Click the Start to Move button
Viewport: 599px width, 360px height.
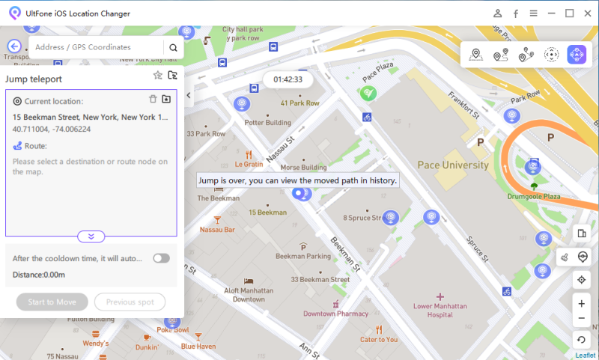tap(52, 302)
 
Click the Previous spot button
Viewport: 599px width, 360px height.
tap(130, 302)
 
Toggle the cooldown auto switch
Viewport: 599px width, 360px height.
tap(161, 258)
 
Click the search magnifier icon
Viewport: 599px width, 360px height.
tap(173, 47)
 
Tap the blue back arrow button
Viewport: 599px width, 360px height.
tap(15, 46)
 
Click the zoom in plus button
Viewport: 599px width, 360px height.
tap(582, 304)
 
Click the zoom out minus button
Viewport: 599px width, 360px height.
tap(582, 320)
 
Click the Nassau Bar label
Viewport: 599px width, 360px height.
tap(217, 230)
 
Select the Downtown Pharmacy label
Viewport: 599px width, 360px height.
tap(335, 314)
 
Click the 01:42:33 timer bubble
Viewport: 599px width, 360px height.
tap(288, 79)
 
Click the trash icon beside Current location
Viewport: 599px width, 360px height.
tap(153, 99)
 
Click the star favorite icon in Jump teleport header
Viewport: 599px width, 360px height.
tap(157, 76)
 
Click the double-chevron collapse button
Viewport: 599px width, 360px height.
tap(91, 237)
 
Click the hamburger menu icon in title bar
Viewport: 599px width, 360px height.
tap(533, 13)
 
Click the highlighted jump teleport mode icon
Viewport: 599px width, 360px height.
tap(577, 54)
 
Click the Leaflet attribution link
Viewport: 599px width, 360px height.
tap(586, 356)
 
